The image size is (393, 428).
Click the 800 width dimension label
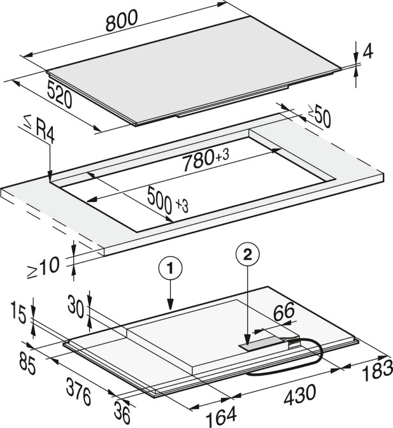(122, 21)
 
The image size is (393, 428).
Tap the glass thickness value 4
(368, 52)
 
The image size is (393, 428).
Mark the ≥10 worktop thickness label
(43, 268)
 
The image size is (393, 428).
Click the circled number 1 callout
(170, 269)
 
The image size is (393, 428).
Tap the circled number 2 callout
(248, 255)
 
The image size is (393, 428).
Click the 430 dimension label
(299, 394)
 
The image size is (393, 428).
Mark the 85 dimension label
(27, 366)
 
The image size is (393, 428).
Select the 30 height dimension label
(76, 306)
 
